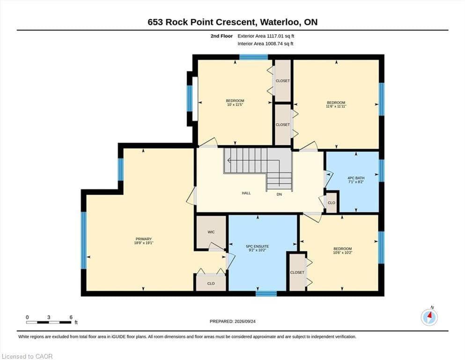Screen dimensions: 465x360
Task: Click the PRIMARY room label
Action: click(x=144, y=239)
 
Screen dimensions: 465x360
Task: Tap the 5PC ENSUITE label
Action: click(x=258, y=247)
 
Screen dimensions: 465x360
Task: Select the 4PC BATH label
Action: click(x=356, y=178)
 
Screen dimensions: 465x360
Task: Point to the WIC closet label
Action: click(x=211, y=232)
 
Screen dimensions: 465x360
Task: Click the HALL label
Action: click(x=246, y=193)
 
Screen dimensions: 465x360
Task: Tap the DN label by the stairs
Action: click(x=279, y=195)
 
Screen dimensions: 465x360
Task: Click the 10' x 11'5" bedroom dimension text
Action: click(x=235, y=105)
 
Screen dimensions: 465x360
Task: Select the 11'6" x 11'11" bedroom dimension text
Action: click(x=336, y=106)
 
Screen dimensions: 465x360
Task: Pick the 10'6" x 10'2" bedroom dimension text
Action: click(x=342, y=253)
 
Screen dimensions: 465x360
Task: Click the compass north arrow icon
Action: click(x=429, y=317)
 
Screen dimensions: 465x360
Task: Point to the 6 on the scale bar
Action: click(x=71, y=317)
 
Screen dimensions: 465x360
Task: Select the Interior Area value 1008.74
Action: click(x=274, y=44)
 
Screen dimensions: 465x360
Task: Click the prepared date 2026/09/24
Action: click(x=245, y=322)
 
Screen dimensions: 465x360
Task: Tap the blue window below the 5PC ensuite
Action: click(x=266, y=294)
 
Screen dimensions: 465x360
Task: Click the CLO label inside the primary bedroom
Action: click(x=211, y=284)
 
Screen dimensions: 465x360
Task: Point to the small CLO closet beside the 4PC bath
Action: click(x=332, y=202)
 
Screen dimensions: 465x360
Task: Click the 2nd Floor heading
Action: click(x=221, y=36)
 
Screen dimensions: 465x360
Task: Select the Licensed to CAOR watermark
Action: click(x=27, y=356)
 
